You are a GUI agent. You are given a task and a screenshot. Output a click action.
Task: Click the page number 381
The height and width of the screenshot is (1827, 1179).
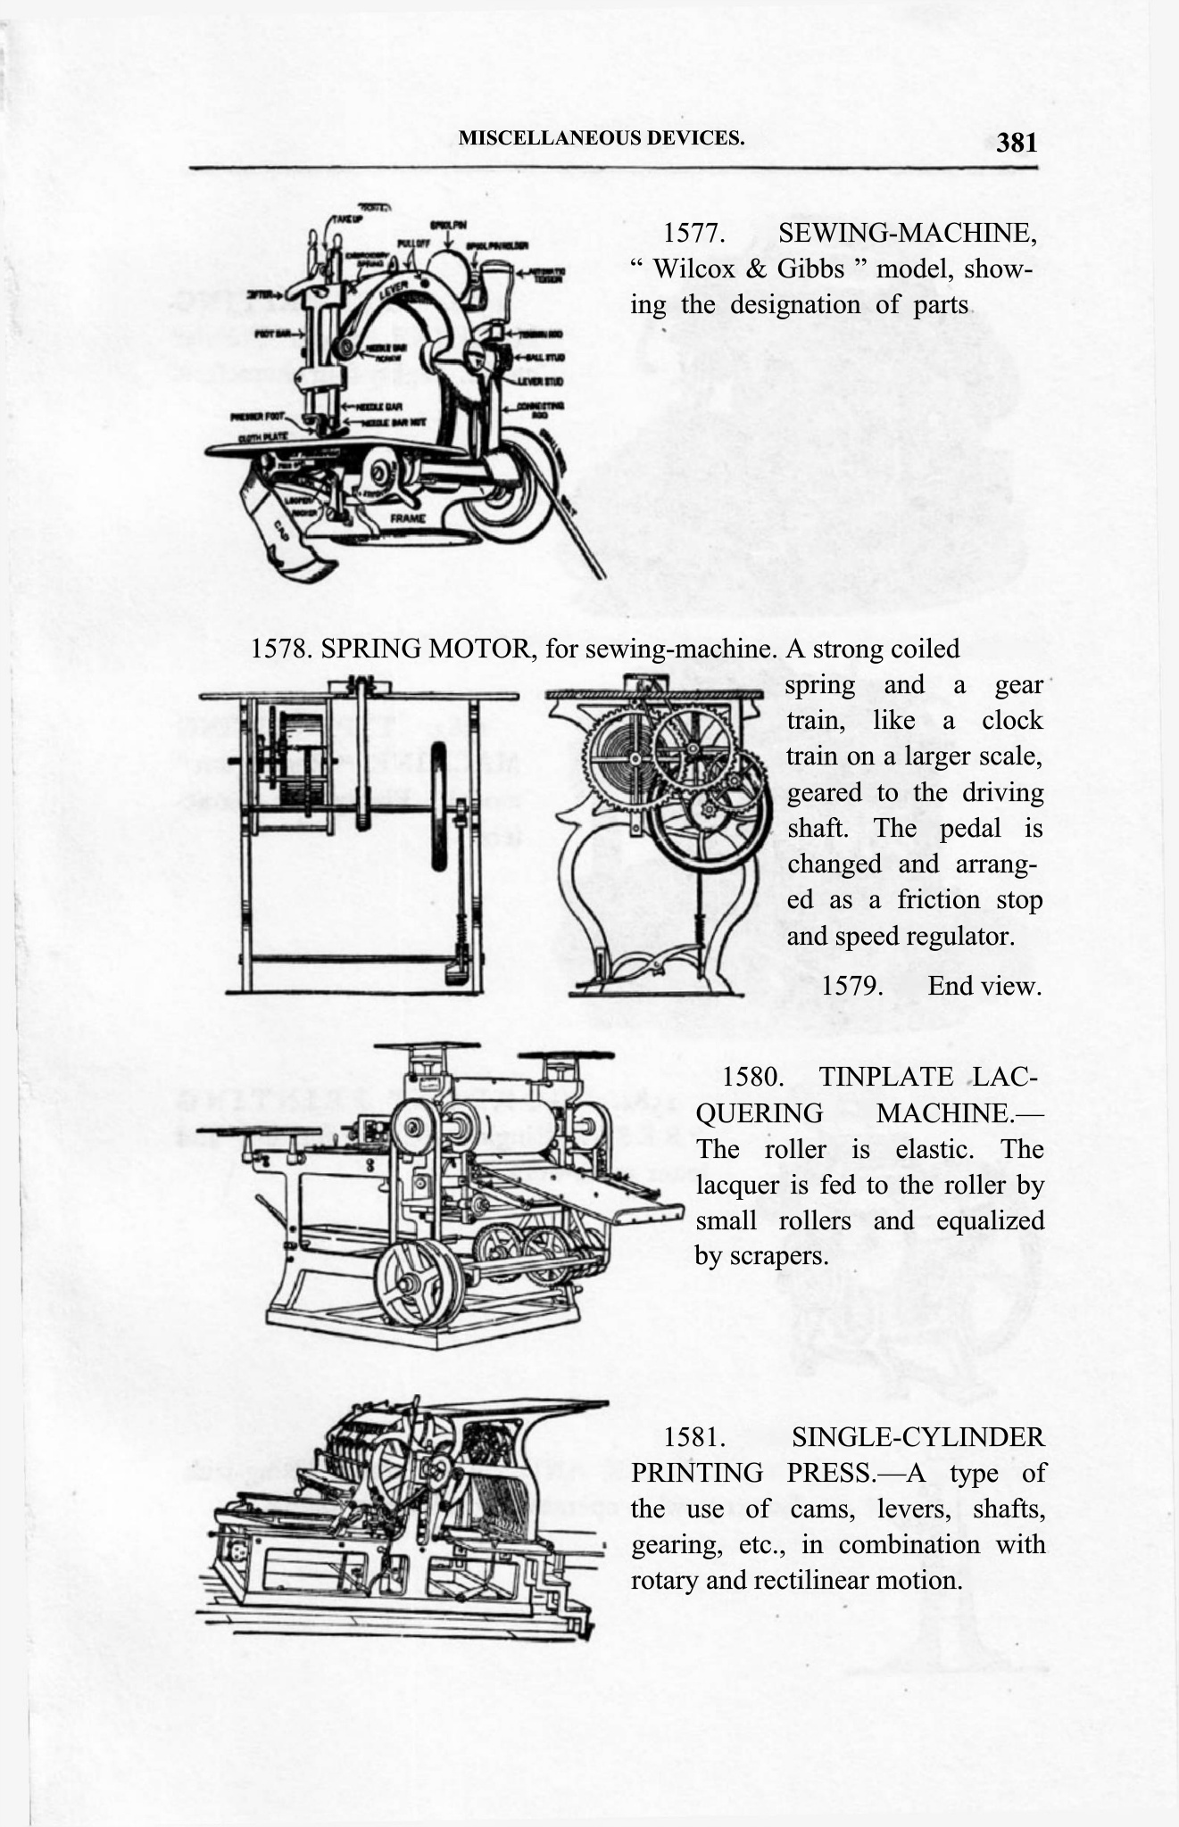click(x=1017, y=142)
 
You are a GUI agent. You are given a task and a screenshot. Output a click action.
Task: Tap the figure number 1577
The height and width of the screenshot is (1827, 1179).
click(x=692, y=234)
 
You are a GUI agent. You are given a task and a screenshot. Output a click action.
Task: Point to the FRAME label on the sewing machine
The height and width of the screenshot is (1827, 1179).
click(x=407, y=517)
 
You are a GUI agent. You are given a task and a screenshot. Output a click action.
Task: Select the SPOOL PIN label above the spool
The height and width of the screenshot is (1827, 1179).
click(x=444, y=226)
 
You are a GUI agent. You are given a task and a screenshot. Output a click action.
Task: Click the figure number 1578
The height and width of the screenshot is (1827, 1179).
click(x=281, y=649)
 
